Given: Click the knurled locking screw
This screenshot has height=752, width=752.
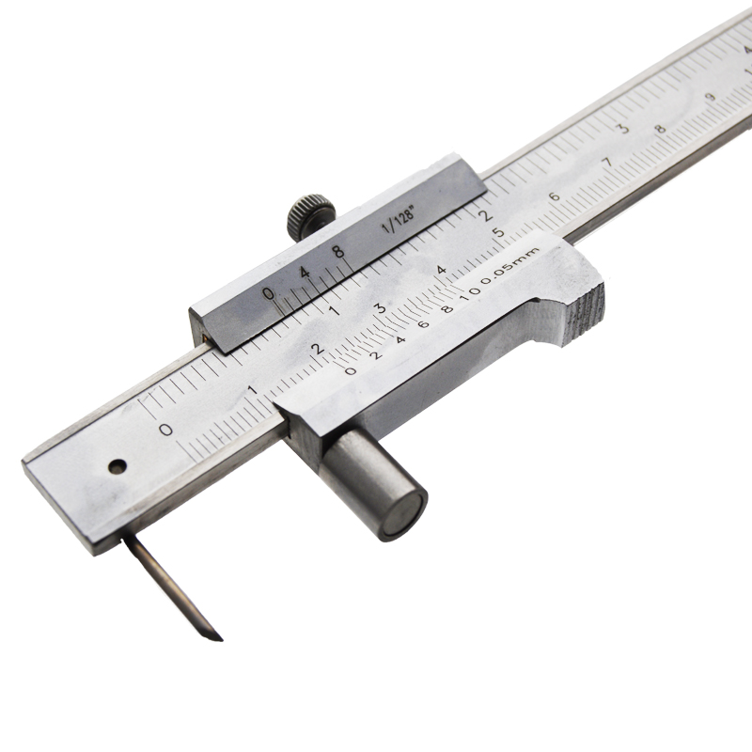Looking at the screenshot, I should coord(310,212).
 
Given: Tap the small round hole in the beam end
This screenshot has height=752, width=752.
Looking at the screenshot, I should coord(117,465).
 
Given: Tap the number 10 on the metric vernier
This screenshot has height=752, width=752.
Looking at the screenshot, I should coord(469,295).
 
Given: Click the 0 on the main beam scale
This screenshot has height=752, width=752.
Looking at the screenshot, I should coord(166,430).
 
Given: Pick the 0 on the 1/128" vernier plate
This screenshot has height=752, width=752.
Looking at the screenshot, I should coord(269,293).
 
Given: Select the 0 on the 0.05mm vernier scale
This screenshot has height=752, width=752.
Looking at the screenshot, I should coord(351,370).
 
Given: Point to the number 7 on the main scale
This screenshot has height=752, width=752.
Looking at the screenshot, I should coord(607,163).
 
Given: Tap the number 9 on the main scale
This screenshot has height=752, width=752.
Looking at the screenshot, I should coord(712,97).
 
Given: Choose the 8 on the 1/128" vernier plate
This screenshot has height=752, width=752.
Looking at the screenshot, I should coord(337,252).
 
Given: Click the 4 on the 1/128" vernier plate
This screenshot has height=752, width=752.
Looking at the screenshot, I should coord(303,273).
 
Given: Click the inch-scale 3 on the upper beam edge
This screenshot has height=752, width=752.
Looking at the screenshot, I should coord(621,128).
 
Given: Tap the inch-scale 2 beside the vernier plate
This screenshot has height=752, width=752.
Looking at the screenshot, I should coord(485,211).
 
